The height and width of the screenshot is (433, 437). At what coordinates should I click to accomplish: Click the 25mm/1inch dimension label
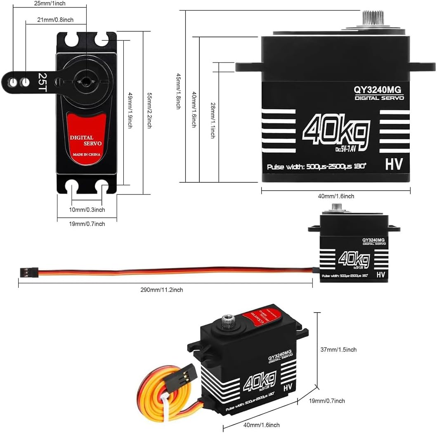50,3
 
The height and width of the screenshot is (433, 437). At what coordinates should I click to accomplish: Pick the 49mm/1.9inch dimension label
130,111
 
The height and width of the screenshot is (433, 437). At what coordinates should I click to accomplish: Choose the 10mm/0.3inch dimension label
87,210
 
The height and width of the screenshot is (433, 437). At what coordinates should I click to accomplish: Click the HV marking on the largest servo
394,164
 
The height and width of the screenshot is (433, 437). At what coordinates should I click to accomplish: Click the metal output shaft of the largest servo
373,17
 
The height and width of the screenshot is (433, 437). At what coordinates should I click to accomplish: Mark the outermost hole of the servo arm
13,82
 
